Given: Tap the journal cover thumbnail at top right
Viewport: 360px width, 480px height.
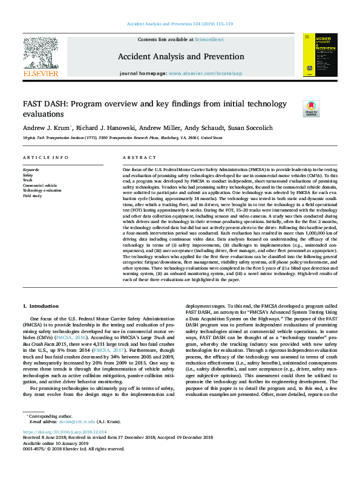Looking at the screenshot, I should (319, 54).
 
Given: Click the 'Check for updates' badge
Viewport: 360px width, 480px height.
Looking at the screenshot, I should (310, 108).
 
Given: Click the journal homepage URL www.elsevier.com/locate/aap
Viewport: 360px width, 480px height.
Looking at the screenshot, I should (199, 73).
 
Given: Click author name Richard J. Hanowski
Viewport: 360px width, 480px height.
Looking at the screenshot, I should (108, 128).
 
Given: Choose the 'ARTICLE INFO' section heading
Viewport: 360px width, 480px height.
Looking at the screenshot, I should (45, 157).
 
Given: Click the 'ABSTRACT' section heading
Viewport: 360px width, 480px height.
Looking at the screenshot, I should (135, 157).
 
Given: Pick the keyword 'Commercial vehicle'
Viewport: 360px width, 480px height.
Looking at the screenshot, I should (40, 185).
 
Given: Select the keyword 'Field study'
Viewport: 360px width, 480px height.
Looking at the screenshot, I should (33, 196).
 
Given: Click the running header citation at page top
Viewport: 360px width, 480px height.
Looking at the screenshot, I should (180, 24).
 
